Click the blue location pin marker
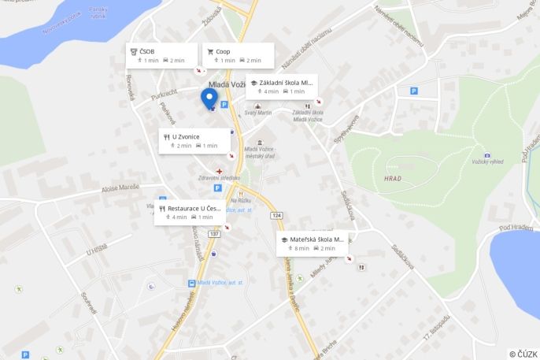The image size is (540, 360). [x=209, y=98]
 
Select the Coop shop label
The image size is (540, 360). [x=223, y=52]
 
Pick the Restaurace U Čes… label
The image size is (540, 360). [x=191, y=209]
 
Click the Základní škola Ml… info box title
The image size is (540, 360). [x=286, y=83]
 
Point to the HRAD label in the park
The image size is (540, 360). [x=392, y=178]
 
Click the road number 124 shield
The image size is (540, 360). [x=276, y=215]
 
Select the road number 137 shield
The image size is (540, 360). [x=214, y=234]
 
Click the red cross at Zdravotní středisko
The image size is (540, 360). [x=220, y=170]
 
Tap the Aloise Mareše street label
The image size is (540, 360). [x=120, y=187]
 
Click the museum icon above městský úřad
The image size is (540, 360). [x=260, y=141]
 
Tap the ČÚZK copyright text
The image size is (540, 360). [x=523, y=354]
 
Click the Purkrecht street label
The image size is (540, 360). [x=164, y=95]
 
